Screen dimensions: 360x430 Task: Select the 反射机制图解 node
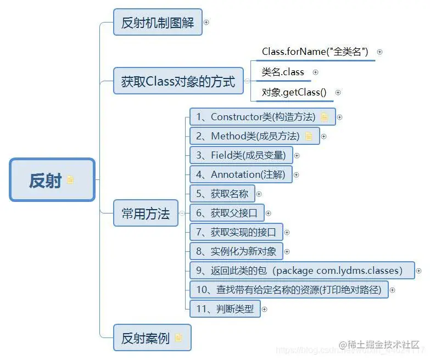(158, 22)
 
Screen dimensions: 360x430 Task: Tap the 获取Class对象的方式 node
(178, 82)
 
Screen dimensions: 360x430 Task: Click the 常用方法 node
(146, 213)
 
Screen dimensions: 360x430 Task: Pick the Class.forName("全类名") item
(315, 52)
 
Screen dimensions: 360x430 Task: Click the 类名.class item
(283, 72)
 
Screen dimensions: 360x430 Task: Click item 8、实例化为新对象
(236, 251)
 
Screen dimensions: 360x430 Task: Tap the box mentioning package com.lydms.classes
(301, 271)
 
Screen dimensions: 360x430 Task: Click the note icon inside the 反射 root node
(70, 179)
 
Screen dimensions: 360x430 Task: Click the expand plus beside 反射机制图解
(206, 22)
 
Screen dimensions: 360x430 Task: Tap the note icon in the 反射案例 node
(178, 337)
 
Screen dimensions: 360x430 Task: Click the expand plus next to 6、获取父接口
(269, 213)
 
